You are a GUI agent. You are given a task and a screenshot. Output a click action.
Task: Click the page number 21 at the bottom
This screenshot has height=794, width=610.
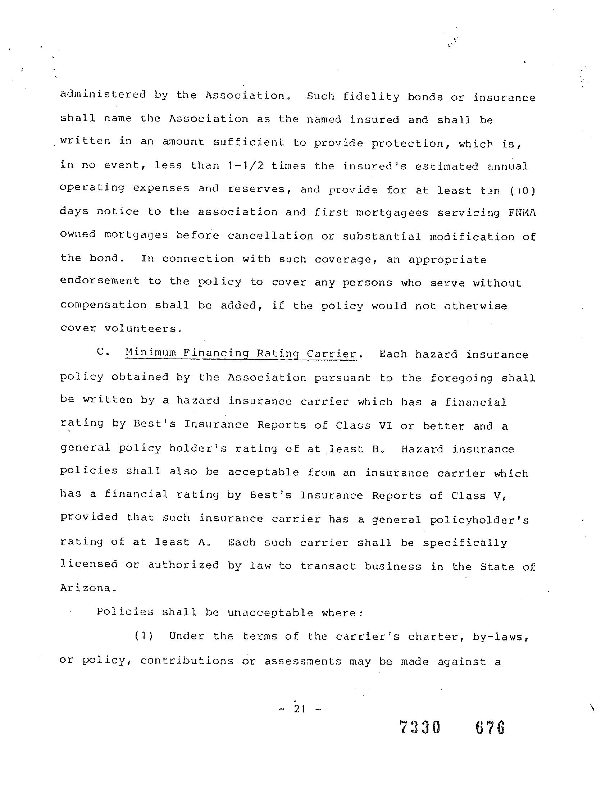click(x=299, y=709)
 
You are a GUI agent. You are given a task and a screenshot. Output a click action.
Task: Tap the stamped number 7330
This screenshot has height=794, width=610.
click(x=420, y=728)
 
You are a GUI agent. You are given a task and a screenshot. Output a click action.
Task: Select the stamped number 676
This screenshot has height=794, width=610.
click(x=490, y=728)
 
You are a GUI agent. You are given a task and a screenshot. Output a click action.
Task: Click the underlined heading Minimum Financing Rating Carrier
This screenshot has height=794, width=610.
click(x=241, y=353)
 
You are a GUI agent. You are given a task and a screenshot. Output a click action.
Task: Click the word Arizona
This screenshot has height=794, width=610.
click(x=88, y=588)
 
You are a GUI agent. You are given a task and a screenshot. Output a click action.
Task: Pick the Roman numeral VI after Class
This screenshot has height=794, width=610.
click(x=385, y=425)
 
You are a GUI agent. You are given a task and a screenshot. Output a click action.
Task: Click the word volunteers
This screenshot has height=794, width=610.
click(x=143, y=329)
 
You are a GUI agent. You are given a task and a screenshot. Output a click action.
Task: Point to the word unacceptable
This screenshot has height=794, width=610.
click(x=270, y=613)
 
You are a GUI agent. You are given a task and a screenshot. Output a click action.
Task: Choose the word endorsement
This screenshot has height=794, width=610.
click(x=100, y=281)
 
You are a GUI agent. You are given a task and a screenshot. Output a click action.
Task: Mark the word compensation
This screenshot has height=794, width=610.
click(x=103, y=305)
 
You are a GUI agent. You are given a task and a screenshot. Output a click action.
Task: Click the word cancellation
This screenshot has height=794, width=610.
click(x=270, y=236)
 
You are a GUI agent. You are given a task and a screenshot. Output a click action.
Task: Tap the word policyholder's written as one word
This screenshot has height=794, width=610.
click(x=479, y=520)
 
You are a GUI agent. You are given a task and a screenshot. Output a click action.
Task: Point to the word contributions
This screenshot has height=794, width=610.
click(x=187, y=660)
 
